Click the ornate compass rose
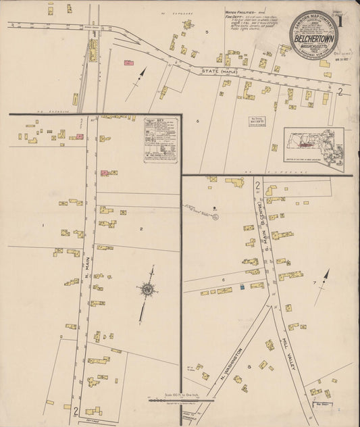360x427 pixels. [148, 291]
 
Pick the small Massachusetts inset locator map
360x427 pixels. [313, 146]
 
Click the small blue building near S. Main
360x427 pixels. [242, 288]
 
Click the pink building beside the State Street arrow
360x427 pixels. [128, 62]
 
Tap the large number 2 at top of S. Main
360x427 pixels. [257, 184]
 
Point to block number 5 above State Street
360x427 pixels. [207, 32]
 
